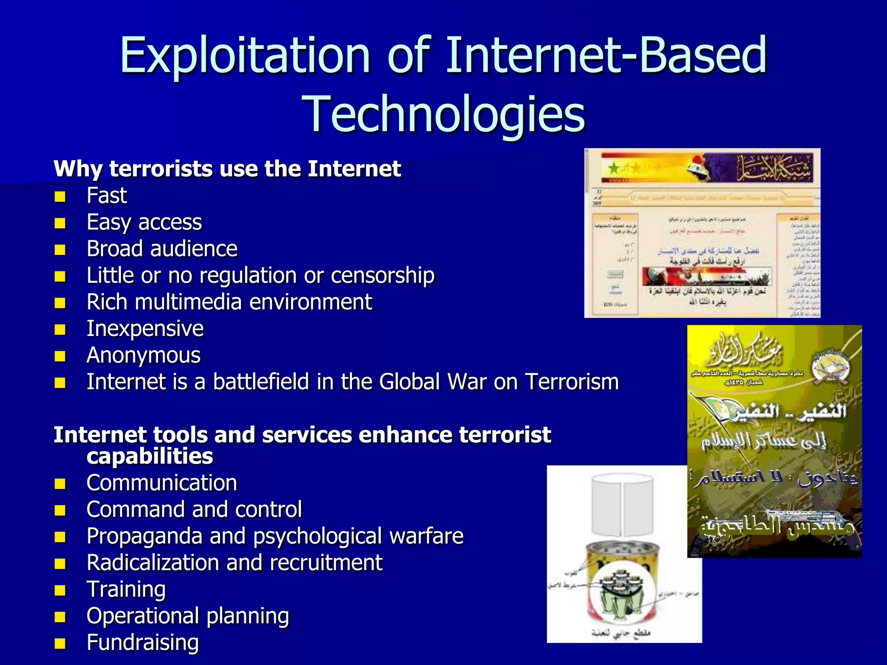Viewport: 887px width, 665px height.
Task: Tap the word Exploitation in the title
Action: coord(245,55)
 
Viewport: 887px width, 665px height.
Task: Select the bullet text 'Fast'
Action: coord(107,195)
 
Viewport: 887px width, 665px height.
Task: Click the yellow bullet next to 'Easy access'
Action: coord(60,223)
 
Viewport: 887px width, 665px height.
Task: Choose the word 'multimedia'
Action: coord(189,302)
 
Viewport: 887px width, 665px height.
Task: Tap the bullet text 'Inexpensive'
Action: coord(145,329)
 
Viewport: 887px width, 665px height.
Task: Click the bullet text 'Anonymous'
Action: coord(143,355)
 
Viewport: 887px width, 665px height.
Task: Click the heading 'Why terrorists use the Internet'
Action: coord(227,168)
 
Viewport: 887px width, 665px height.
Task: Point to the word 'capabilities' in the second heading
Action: coord(150,456)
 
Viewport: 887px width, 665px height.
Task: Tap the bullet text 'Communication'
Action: coord(162,483)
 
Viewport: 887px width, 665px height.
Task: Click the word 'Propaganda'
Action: coord(145,536)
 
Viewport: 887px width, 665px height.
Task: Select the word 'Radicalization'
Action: coord(153,563)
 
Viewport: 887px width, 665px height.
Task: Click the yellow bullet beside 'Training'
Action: coord(60,591)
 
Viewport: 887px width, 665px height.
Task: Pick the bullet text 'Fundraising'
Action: coord(142,642)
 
